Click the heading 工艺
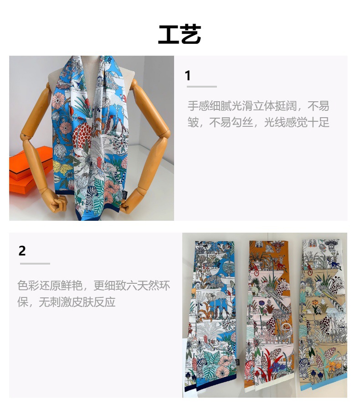coord(180,34)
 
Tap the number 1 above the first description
coord(188,76)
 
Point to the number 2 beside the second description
coord(22,250)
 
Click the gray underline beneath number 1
coord(202,87)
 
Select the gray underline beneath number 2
coord(35,264)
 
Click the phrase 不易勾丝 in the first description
coord(231,122)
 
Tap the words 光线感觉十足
coord(297,122)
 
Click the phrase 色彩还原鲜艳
coord(50,286)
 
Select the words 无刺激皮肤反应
coord(77,302)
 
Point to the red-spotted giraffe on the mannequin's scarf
coord(82,135)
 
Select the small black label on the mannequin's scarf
coord(125,195)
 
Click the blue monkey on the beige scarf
coord(334,264)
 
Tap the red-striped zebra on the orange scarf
coord(250,368)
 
